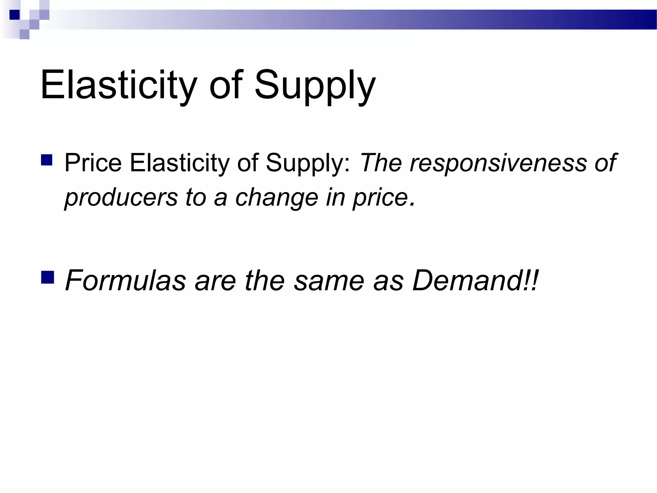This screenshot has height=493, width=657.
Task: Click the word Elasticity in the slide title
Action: pos(118,85)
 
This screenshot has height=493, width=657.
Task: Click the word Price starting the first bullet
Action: pos(93,163)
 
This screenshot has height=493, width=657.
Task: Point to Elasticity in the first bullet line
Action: pos(180,163)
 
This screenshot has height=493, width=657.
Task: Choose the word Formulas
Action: pos(125,280)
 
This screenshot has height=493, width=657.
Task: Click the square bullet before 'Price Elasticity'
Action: pos(47,160)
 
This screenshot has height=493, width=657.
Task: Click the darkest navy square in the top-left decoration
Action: pos(14,15)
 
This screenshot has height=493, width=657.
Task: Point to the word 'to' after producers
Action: pos(196,198)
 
